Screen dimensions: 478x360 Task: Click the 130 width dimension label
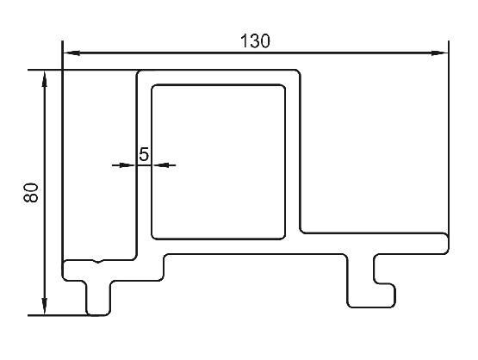(x=255, y=41)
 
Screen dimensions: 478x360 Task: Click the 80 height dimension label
(x=31, y=193)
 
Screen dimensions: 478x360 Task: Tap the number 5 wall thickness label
(x=144, y=154)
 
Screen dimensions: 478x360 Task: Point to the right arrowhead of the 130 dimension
(x=439, y=53)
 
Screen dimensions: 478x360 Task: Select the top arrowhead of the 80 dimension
(x=45, y=79)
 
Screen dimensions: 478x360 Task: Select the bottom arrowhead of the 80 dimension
(x=45, y=306)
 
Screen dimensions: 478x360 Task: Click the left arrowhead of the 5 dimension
(x=127, y=165)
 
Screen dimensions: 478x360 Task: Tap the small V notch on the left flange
(x=97, y=261)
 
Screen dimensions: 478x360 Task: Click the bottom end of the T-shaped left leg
(x=98, y=314)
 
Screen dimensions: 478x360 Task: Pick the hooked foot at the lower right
(x=372, y=295)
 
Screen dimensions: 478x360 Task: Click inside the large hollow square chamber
(x=219, y=162)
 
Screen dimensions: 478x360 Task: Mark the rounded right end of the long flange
(x=445, y=243)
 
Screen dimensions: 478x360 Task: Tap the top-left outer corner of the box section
(x=138, y=72)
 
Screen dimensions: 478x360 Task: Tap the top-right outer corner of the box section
(x=298, y=72)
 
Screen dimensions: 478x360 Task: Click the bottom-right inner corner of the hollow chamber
(x=283, y=237)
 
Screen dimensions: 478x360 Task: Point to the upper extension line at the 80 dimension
(x=83, y=70)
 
